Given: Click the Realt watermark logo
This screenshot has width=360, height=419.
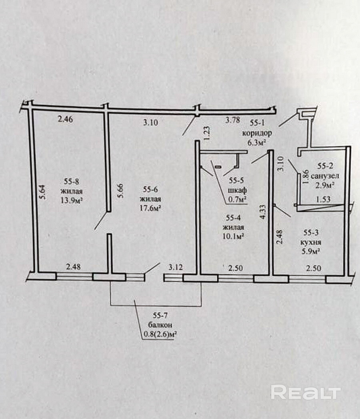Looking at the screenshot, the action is pyautogui.click(x=306, y=392).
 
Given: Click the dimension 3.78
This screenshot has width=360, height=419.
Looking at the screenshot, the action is pyautogui.click(x=233, y=119).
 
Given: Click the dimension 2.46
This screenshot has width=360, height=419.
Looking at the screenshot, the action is pyautogui.click(x=66, y=118).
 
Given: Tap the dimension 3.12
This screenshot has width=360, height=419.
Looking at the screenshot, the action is pyautogui.click(x=176, y=267).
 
